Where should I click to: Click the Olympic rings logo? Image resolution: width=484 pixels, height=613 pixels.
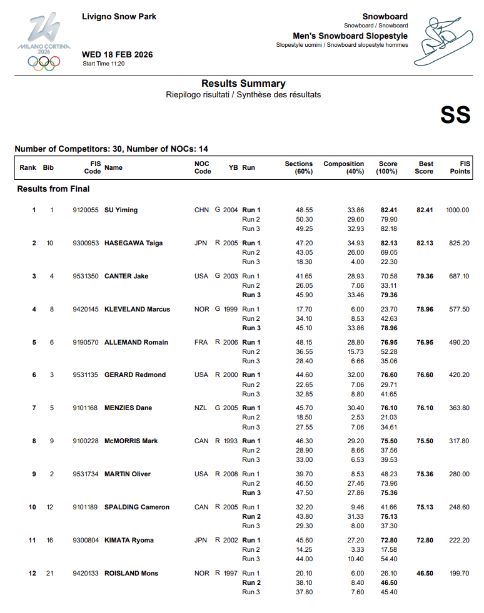click(44, 62)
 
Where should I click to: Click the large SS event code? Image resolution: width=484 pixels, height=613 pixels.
click(455, 115)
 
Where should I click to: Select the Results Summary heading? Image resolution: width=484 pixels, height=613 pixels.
click(243, 84)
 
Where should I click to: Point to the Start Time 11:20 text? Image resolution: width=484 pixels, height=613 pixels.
click(104, 64)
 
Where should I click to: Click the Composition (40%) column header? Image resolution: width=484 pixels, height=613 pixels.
click(343, 167)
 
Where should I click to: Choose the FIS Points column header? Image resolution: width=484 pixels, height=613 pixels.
click(460, 167)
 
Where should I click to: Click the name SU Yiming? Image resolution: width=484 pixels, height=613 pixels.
click(121, 210)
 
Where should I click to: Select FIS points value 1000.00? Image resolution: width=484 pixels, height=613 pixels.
click(457, 210)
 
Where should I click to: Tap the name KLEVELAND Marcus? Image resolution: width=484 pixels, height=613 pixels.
click(137, 309)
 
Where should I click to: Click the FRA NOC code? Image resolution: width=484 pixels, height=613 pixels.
click(201, 342)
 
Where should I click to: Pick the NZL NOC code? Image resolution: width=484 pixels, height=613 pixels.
click(201, 408)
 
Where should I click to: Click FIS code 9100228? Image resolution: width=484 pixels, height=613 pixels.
click(86, 441)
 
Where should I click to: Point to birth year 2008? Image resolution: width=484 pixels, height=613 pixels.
click(231, 474)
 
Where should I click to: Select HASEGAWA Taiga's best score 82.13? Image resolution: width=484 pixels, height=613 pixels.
click(425, 243)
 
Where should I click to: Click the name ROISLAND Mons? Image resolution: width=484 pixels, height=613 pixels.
click(131, 573)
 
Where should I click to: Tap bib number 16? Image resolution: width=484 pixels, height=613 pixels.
click(50, 540)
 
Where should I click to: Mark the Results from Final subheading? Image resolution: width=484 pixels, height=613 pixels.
click(53, 189)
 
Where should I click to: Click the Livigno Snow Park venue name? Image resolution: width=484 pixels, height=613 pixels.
click(119, 17)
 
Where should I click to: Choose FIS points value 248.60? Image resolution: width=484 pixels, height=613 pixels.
click(459, 507)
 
